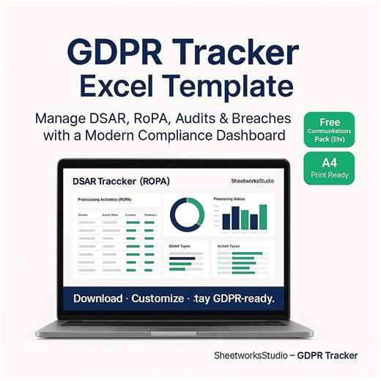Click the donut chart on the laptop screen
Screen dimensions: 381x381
click(187, 214)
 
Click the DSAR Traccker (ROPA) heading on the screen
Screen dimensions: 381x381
click(119, 180)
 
